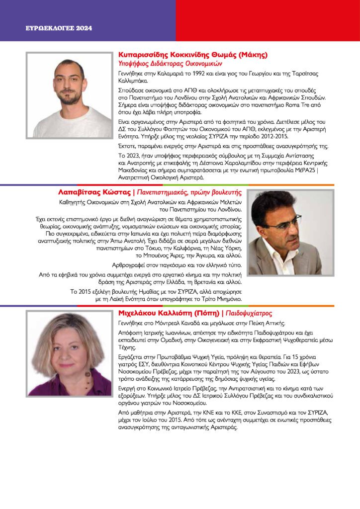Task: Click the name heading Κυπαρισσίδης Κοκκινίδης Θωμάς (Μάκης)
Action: click(193, 55)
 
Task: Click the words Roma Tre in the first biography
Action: click(299, 105)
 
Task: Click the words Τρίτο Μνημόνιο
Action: click(218, 299)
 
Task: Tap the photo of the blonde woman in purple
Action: click(70, 353)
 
